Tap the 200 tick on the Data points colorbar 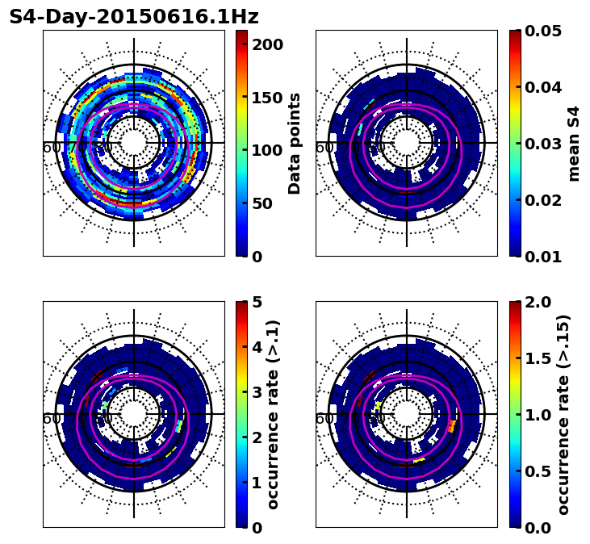[x=267, y=44]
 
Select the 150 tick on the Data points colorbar [x=267, y=98]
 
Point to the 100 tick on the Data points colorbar [x=267, y=150]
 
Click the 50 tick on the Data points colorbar [x=267, y=203]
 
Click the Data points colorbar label [x=295, y=144]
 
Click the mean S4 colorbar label [x=574, y=144]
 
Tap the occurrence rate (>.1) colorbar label [x=274, y=415]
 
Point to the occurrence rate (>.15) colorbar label [x=563, y=415]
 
